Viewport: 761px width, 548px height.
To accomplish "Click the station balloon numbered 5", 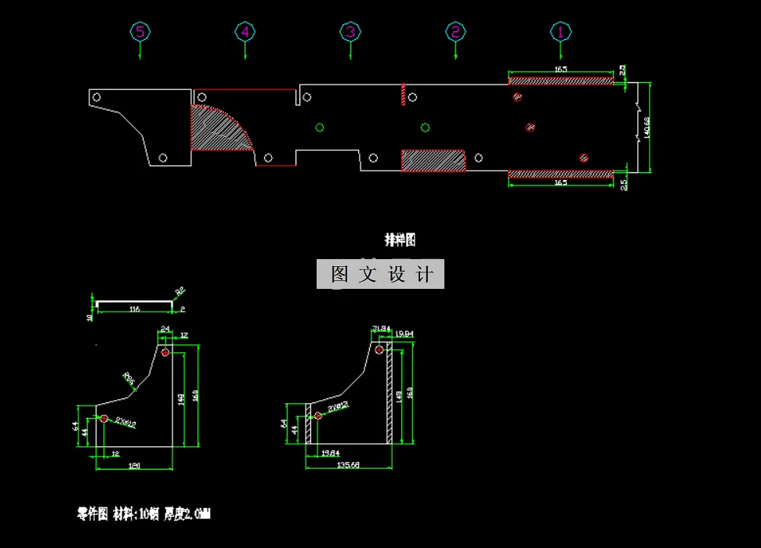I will [x=140, y=32].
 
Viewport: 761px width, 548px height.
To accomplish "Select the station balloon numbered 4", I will [x=245, y=32].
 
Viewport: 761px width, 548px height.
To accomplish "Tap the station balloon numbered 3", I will [x=350, y=32].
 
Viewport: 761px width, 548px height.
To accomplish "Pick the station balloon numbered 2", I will [x=455, y=32].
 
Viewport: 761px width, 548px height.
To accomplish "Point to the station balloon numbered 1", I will [x=560, y=32].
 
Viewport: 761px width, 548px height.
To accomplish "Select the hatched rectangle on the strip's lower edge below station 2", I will [x=433, y=160].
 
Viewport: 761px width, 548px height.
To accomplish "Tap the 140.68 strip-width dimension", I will [x=647, y=127].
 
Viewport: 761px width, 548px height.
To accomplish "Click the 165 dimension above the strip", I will [x=560, y=70].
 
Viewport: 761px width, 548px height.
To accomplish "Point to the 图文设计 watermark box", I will [x=380, y=274].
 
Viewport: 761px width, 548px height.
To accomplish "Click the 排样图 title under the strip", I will [x=399, y=240].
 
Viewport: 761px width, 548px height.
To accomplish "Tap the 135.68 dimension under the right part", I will [x=348, y=465].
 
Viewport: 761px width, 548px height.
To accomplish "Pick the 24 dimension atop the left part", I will [x=165, y=328].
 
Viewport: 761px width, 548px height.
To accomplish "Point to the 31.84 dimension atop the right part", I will [x=381, y=328].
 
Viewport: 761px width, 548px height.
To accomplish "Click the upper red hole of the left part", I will [x=165, y=353].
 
